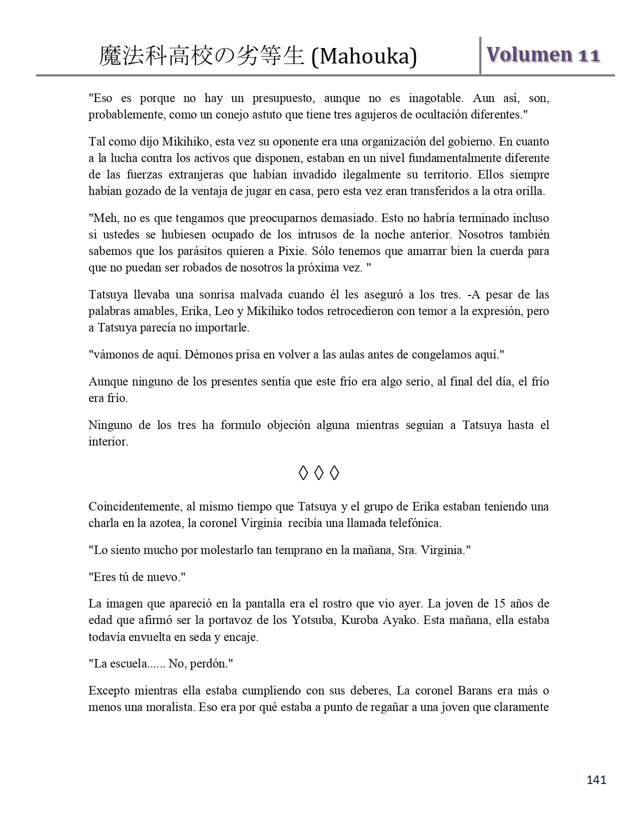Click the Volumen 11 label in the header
click(543, 55)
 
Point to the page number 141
click(596, 779)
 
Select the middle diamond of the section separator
click(319, 472)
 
